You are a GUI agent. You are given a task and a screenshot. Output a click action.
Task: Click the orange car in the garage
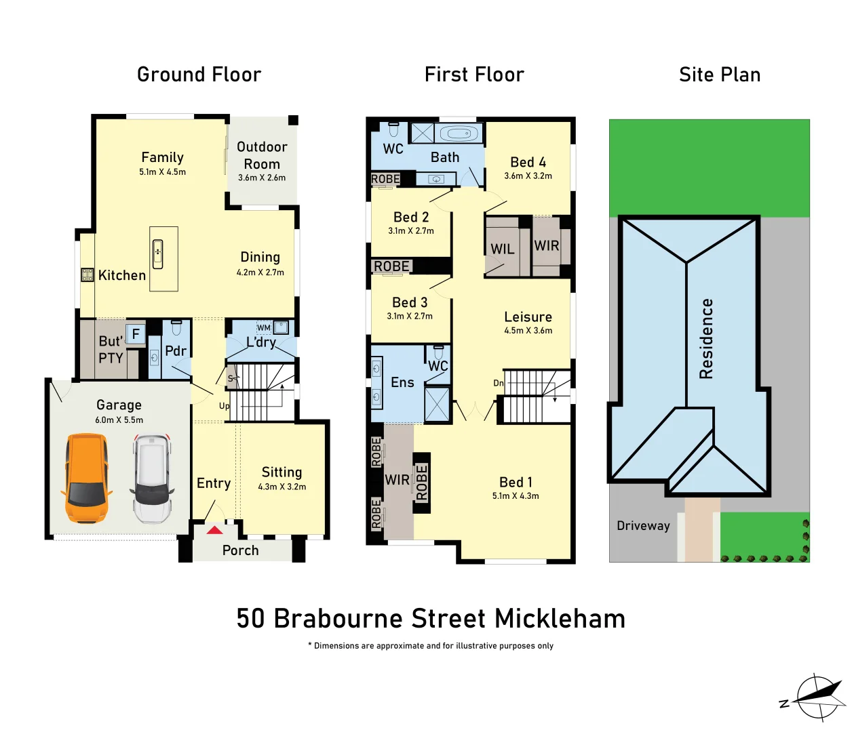click(86, 479)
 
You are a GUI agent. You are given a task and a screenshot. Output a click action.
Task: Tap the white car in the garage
click(151, 479)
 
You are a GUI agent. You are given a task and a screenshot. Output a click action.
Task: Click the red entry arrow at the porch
click(214, 530)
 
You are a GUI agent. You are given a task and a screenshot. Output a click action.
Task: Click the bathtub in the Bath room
click(459, 134)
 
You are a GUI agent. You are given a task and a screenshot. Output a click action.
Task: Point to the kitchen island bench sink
click(157, 254)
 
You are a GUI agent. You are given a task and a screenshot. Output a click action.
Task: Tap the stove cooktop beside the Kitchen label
click(88, 274)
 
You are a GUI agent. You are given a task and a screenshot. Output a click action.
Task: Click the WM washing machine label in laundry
click(264, 328)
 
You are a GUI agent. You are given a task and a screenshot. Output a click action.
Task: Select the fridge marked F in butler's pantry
click(136, 334)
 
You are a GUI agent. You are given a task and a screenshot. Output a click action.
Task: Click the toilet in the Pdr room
click(176, 328)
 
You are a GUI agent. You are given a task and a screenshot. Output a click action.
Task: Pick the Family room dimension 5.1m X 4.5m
click(162, 172)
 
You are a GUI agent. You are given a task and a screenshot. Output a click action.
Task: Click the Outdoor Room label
click(262, 155)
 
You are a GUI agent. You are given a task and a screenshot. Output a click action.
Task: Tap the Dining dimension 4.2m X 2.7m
click(260, 272)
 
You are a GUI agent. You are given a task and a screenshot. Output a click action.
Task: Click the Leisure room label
click(528, 317)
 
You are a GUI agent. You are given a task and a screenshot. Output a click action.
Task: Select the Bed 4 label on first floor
click(528, 162)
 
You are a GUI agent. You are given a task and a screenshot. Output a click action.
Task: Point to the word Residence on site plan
click(706, 338)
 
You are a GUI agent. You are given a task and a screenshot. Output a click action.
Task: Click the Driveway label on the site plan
click(643, 526)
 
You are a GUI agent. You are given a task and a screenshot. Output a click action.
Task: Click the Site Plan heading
click(720, 75)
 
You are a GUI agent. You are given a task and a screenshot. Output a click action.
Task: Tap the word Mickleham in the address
click(560, 619)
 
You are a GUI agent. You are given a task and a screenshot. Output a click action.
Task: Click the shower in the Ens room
click(437, 403)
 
